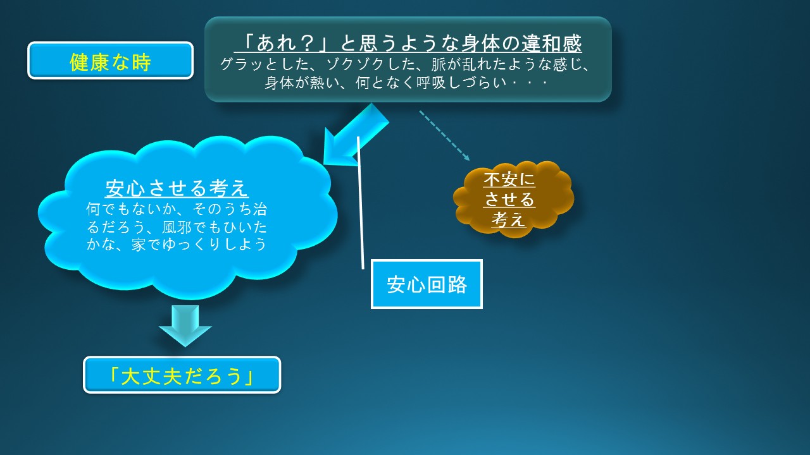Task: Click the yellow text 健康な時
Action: click(110, 62)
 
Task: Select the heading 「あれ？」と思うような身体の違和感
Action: click(408, 44)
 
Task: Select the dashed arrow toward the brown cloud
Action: click(444, 135)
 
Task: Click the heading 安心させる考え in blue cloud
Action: click(177, 188)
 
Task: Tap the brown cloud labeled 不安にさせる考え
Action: click(513, 200)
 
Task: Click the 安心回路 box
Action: click(427, 284)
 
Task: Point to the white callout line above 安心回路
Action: click(361, 203)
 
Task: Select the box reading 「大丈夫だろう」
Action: click(182, 375)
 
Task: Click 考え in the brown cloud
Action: click(509, 219)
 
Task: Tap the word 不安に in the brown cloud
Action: click(509, 179)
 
